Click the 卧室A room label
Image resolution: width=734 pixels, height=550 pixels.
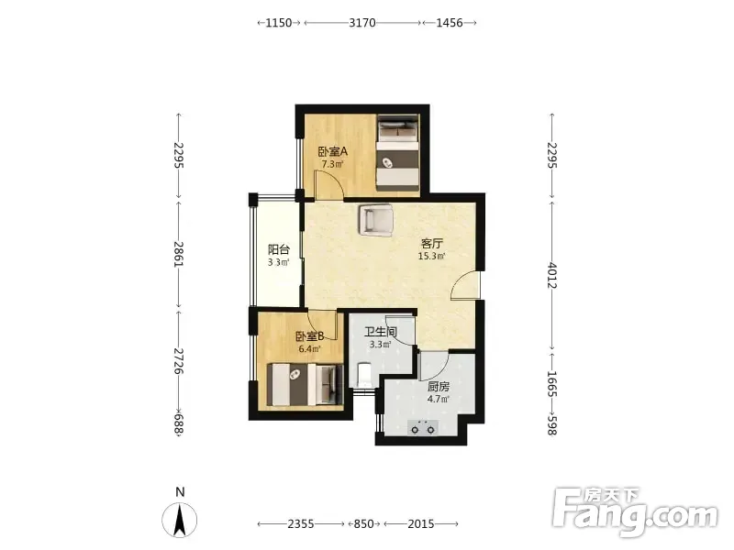[333, 151]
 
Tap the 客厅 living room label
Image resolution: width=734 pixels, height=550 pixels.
[431, 244]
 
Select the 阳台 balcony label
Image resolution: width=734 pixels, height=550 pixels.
[279, 249]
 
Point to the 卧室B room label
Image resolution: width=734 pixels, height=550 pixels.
[310, 336]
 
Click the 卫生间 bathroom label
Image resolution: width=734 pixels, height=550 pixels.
[381, 333]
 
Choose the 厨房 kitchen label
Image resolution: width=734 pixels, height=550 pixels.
[439, 387]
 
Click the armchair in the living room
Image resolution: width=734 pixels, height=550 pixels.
[375, 219]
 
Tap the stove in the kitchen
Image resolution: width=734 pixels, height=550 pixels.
[423, 427]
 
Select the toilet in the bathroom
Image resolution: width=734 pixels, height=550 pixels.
[363, 375]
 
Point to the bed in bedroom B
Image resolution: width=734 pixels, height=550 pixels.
[305, 384]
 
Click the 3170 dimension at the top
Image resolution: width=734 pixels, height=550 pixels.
[362, 22]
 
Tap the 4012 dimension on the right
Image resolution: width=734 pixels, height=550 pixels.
[552, 276]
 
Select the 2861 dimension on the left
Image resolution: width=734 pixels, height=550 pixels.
[178, 255]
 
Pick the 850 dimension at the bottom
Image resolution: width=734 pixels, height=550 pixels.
[363, 523]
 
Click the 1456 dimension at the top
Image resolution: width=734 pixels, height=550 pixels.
[450, 22]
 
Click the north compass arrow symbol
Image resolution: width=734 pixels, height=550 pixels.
[180, 520]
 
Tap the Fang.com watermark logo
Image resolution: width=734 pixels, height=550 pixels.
[635, 511]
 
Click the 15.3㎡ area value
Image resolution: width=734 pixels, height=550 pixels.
[431, 256]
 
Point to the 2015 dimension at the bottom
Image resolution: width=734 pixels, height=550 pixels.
[421, 523]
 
